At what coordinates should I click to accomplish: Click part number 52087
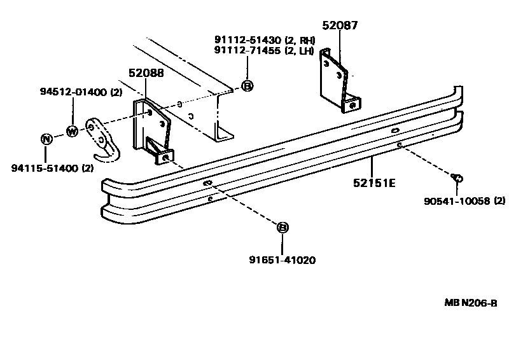coord(340,26)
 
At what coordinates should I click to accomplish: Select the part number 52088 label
coord(146,73)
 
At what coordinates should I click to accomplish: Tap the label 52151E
coord(375,183)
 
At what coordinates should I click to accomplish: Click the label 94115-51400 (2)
coord(52,169)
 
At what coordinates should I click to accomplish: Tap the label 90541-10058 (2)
coord(464,202)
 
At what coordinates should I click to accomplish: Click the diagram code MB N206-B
coord(470,303)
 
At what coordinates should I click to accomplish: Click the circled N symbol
coord(46,140)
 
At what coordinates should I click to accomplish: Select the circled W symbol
coord(72,132)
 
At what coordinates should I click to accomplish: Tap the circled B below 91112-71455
coord(248,86)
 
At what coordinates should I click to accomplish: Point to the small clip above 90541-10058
coord(458,178)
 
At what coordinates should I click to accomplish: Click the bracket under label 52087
coord(338,80)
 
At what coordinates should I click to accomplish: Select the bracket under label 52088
coord(152,130)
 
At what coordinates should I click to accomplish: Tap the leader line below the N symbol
coord(46,153)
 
